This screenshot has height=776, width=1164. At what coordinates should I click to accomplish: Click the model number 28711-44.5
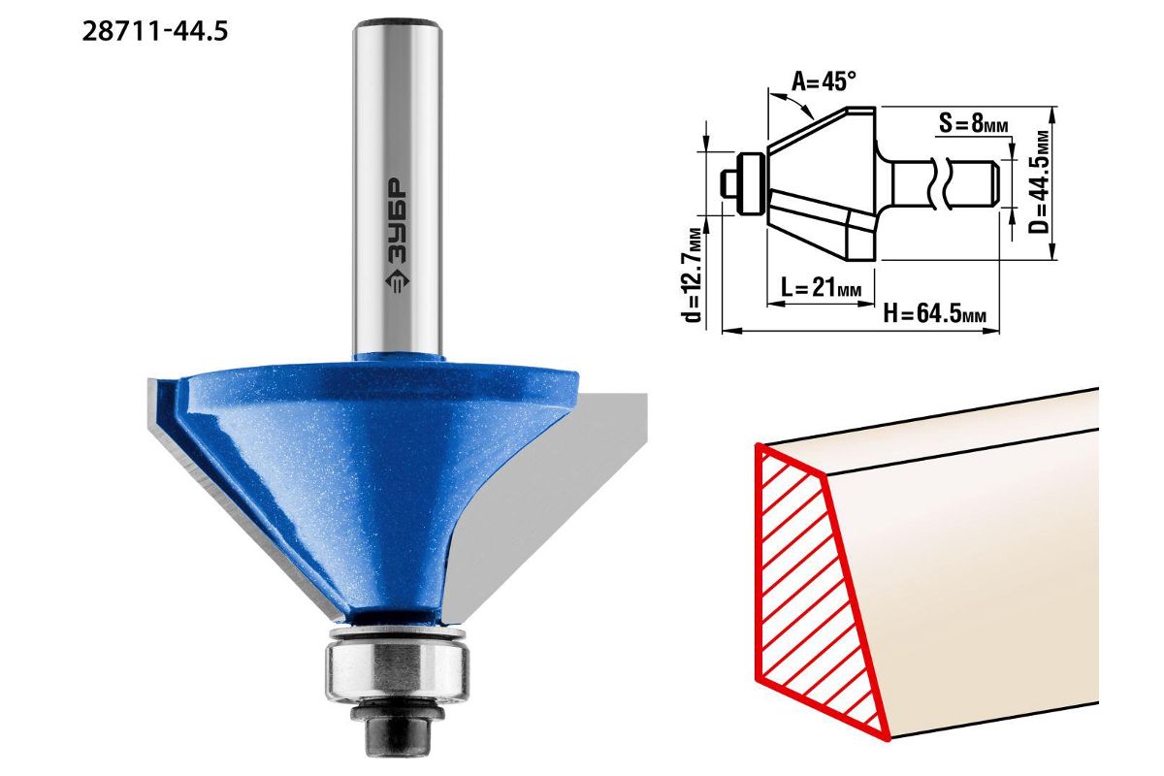(155, 32)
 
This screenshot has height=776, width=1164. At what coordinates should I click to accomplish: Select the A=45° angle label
(824, 81)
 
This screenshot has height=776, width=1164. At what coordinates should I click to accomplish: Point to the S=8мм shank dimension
(973, 124)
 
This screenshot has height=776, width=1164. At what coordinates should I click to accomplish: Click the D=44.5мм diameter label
(1039, 182)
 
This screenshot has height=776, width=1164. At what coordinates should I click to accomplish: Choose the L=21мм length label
(821, 287)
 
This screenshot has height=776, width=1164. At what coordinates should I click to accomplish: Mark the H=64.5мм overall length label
(934, 314)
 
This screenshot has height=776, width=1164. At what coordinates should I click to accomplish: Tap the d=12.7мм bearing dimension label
(694, 275)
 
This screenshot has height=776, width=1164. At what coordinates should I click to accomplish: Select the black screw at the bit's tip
(397, 731)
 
